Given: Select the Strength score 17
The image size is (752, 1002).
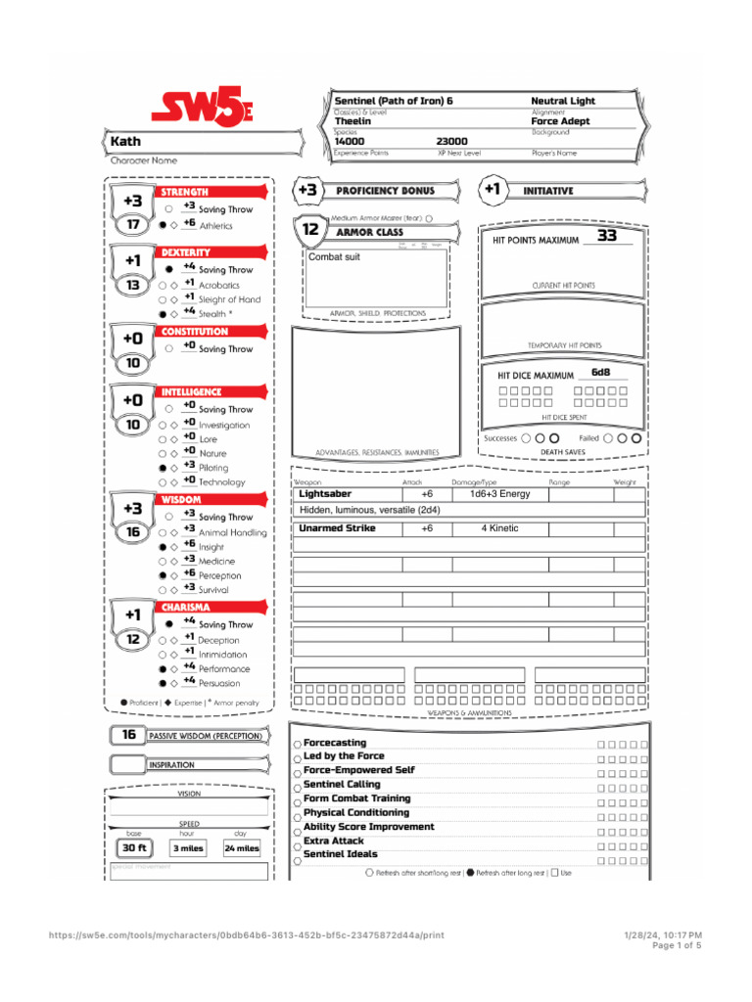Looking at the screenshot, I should click(x=132, y=224).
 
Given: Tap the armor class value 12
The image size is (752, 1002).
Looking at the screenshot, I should click(x=309, y=230).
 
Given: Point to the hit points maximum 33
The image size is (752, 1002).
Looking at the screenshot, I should click(x=607, y=236).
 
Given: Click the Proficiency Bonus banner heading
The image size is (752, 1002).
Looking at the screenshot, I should click(x=384, y=190).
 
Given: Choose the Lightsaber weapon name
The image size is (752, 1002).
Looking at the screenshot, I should click(x=325, y=494).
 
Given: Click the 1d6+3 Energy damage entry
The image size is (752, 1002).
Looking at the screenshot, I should click(x=499, y=494).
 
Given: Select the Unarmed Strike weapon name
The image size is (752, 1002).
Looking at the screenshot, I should click(x=337, y=528).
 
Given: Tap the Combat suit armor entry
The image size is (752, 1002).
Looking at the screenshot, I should click(x=335, y=256).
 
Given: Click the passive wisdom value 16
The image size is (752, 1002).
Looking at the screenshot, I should click(x=128, y=735).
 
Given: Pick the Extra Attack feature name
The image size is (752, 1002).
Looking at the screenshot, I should click(x=334, y=841).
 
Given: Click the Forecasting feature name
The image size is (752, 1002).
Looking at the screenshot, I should click(x=335, y=743).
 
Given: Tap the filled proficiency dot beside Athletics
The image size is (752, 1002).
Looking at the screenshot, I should click(x=163, y=225).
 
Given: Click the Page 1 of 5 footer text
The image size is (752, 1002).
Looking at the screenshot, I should click(x=676, y=945).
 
